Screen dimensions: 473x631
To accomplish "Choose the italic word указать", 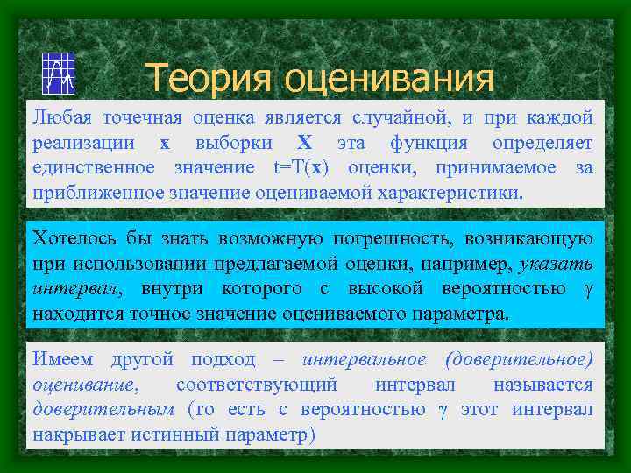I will coord(556,264).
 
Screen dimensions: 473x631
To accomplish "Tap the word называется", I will coord(542,385).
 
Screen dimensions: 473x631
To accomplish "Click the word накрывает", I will coord(79,434).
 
